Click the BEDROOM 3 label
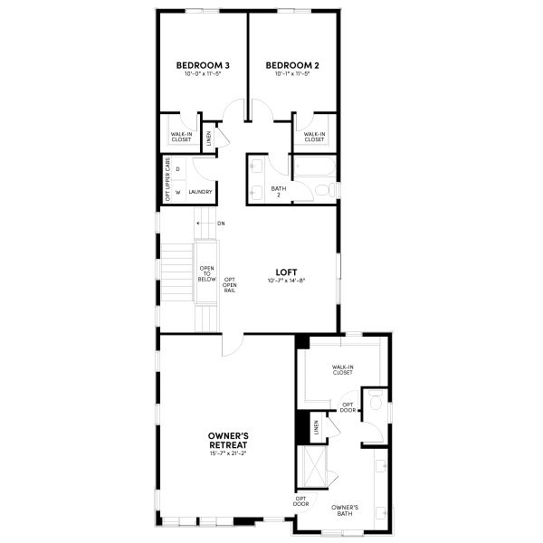[x=203, y=65]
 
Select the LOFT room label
[x=289, y=271]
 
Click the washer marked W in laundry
[x=177, y=192]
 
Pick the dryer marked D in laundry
[x=177, y=169]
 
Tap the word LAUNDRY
[x=201, y=192]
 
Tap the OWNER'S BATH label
[x=345, y=510]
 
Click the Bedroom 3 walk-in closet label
[x=181, y=137]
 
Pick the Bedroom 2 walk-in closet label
[x=314, y=137]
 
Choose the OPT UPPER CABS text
[x=167, y=179]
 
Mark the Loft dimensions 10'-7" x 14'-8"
[x=289, y=281]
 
